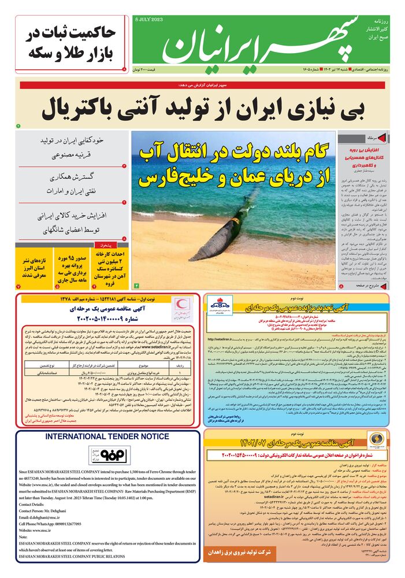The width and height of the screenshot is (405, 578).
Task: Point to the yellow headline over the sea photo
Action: [233, 164]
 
